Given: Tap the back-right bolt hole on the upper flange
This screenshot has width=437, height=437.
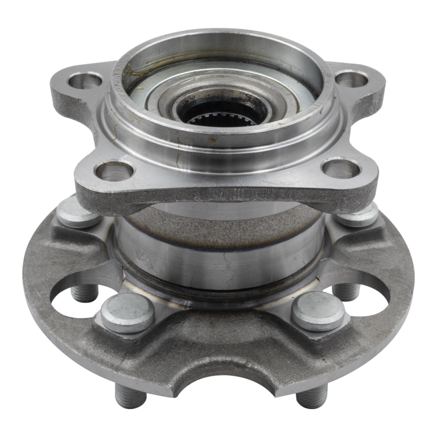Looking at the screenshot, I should pos(348,80).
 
